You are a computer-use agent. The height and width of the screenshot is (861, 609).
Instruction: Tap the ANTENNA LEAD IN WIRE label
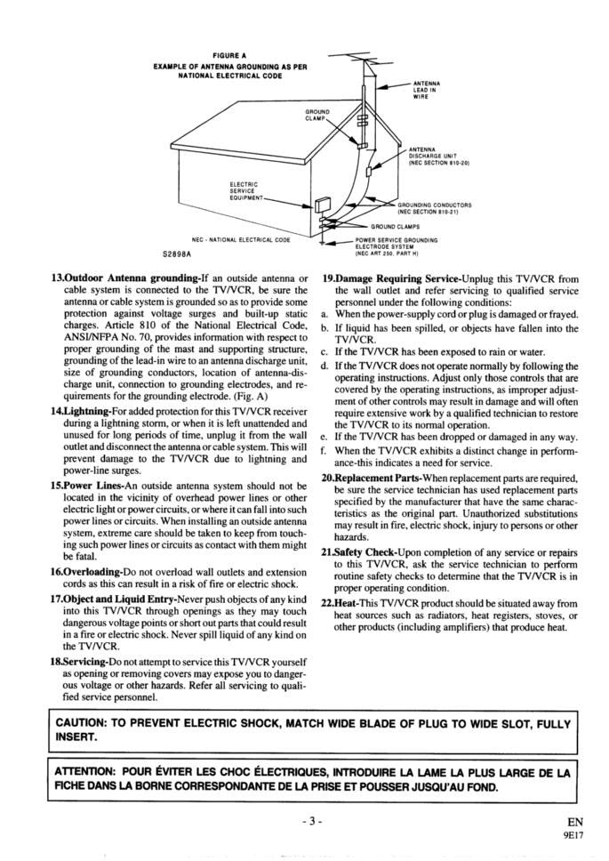426,89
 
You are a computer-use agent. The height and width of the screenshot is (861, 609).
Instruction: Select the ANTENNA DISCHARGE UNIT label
437,157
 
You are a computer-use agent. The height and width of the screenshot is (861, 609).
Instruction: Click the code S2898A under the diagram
178,253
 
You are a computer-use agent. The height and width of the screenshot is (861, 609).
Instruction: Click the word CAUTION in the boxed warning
88,723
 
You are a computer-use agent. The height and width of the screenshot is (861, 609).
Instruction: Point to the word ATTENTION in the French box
89,773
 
